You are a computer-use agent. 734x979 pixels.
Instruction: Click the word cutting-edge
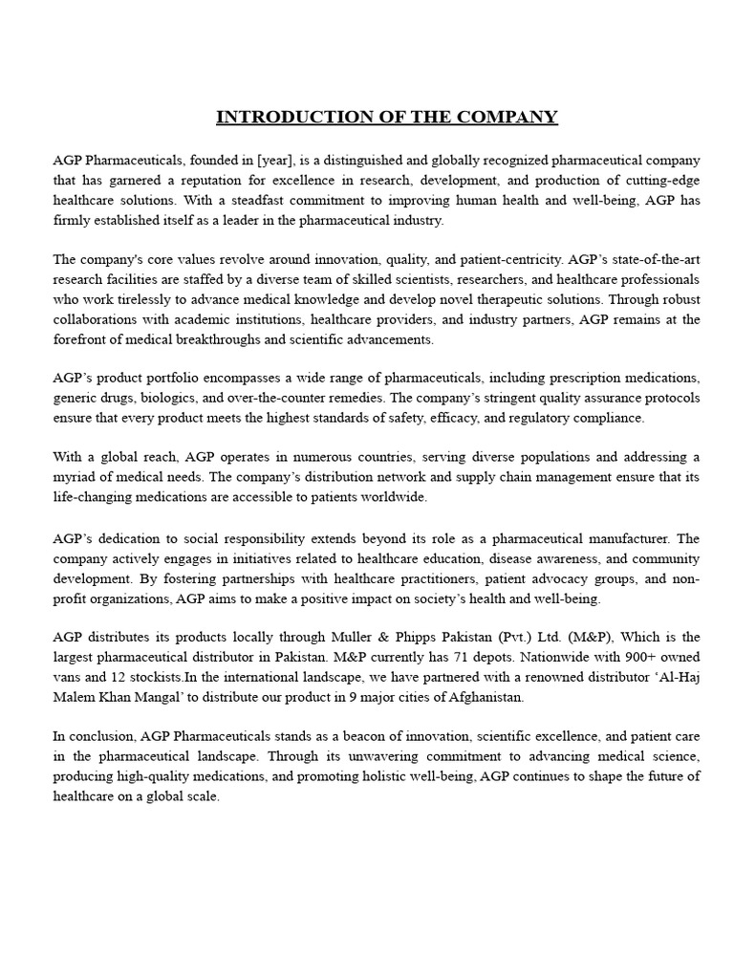point(661,180)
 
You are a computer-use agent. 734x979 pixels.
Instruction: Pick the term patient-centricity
point(507,259)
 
